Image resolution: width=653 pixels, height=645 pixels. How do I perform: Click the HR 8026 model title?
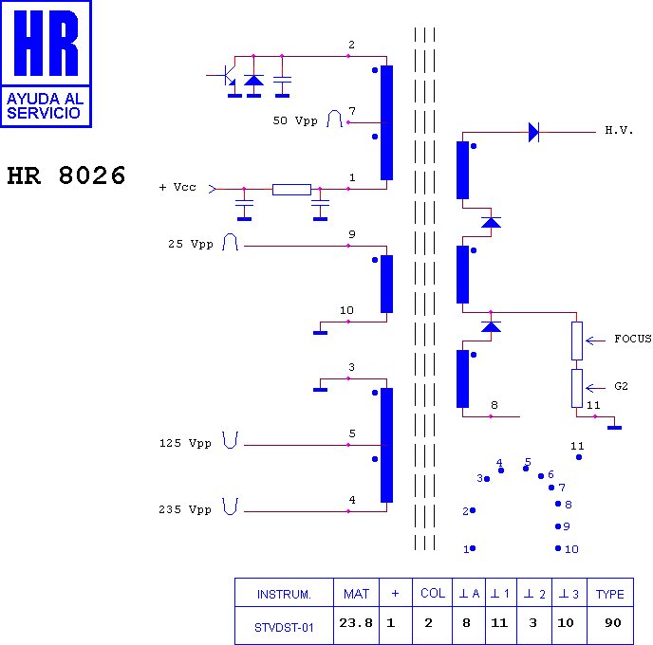[66, 175]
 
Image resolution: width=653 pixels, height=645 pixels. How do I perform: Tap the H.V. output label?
[619, 131]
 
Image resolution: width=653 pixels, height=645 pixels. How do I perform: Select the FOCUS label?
[632, 339]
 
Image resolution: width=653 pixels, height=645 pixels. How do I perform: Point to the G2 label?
[621, 386]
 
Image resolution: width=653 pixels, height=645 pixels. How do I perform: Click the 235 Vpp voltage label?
[185, 509]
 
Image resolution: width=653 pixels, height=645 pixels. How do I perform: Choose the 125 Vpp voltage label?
[185, 443]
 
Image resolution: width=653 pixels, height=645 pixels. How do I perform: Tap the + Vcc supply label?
[177, 187]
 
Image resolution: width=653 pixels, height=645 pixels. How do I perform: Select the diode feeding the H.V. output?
[534, 133]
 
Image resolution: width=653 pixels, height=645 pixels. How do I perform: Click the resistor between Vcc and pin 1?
[291, 190]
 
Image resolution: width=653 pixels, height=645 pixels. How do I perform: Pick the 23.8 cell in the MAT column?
[356, 623]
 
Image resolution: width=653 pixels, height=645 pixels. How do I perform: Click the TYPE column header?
[609, 594]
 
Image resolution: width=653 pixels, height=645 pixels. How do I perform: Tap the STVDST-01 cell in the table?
[284, 628]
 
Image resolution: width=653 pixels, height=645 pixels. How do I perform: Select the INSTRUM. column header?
[284, 594]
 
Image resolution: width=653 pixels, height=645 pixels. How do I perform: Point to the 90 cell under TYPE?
[612, 623]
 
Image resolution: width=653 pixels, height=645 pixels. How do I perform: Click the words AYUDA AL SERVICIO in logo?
[45, 105]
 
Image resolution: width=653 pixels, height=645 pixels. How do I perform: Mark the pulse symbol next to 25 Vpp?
[230, 242]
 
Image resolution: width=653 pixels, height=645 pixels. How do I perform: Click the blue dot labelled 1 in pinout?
[473, 548]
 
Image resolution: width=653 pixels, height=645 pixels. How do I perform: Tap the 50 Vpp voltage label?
[295, 120]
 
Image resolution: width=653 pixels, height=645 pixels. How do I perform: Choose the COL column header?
[433, 593]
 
